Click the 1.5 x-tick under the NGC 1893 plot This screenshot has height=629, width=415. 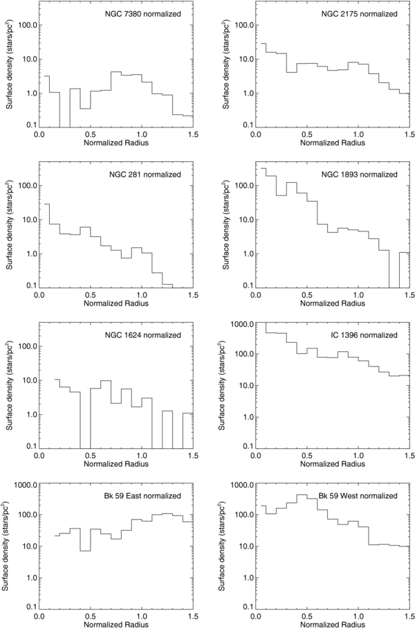point(409,295)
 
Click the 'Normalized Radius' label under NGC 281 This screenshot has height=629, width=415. point(116,304)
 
